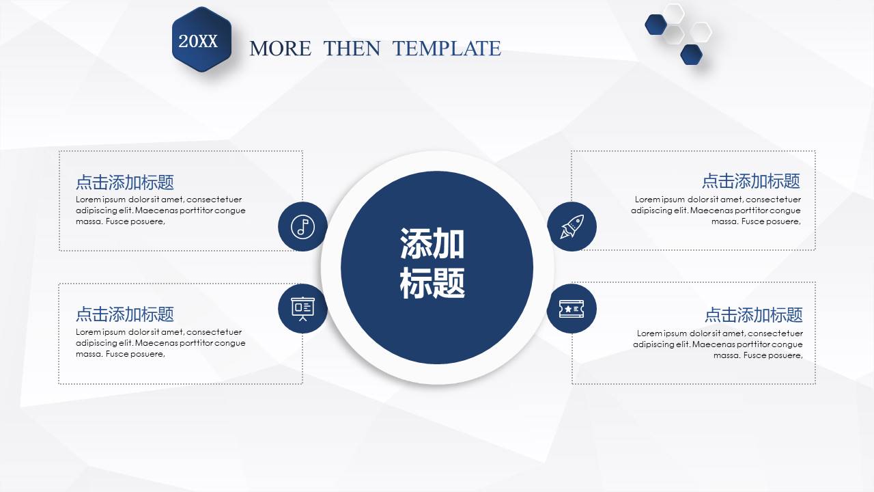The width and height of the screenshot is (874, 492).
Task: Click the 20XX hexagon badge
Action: pos(201,40)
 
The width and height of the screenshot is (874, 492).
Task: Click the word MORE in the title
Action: pos(280,49)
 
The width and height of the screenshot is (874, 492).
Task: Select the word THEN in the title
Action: pos(352,49)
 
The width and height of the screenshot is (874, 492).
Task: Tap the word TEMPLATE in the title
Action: pos(447,49)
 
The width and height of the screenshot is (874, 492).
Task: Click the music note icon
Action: pos(302,226)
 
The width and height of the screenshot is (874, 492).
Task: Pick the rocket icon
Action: pos(572,226)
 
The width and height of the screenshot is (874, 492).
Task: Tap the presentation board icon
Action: pos(302,308)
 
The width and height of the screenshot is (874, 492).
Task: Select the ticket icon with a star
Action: pos(572,309)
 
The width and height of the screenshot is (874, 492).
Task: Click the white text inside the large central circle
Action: pos(432,263)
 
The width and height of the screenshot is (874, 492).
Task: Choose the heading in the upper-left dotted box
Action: pos(125,182)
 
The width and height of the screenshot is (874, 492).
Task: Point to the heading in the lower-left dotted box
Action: pos(125,314)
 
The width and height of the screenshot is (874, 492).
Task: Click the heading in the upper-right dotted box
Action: pos(750,181)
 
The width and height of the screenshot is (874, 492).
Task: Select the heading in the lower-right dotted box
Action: pos(753,315)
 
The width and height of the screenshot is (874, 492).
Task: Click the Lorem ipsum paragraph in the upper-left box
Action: pos(160,210)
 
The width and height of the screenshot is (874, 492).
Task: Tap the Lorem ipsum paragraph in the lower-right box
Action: pos(718,344)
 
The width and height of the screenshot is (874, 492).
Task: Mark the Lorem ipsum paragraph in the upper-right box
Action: pos(716,210)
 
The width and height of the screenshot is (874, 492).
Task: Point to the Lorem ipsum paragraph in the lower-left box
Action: pos(160,343)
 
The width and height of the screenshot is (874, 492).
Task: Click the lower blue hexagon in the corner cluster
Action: pos(691,54)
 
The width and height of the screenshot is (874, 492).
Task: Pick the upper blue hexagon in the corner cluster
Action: pos(655,25)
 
